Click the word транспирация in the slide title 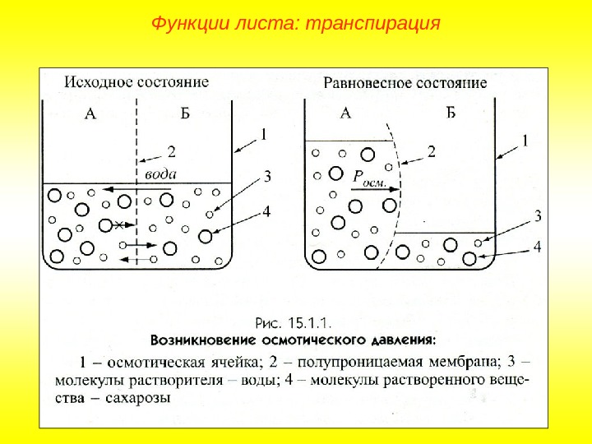point(372,23)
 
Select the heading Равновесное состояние point(405,82)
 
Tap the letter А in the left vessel point(90,114)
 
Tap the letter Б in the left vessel point(185,114)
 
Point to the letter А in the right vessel point(345,113)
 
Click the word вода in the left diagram point(160,174)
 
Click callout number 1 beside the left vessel point(264,132)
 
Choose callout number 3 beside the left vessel point(267,176)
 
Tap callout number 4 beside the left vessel point(266,211)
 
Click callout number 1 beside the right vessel point(525,141)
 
